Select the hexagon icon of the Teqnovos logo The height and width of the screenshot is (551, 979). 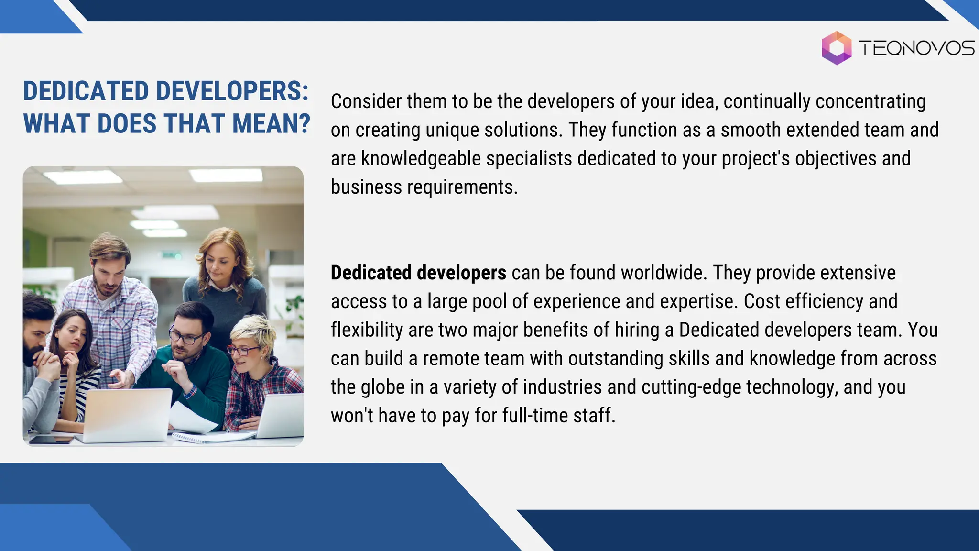pyautogui.click(x=836, y=48)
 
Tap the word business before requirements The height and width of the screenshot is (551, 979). pyautogui.click(x=366, y=187)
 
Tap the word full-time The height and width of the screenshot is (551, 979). pyautogui.click(x=535, y=416)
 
